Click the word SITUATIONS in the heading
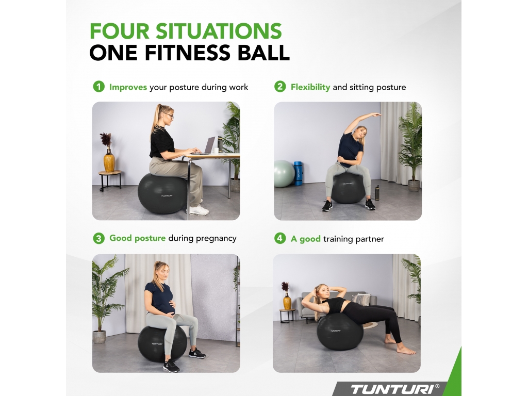point(218,31)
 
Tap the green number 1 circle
point(98,87)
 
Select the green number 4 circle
point(280,238)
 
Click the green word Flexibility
point(310,87)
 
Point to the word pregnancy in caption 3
point(216,239)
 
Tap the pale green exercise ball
point(284,174)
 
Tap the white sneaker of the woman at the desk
point(199,211)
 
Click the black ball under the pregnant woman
point(161,343)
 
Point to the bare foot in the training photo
point(406,351)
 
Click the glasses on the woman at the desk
point(170,117)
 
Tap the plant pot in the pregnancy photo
point(100,337)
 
